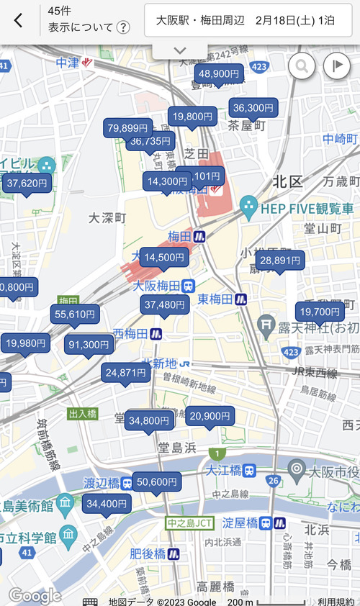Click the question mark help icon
coord(123,28)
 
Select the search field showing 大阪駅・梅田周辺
coord(248,20)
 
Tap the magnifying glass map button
coord(302,66)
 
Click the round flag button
coord(336,66)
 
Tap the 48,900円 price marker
coord(219,73)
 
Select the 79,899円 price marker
coord(127,128)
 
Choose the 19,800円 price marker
coord(192,116)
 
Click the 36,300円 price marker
coord(253,108)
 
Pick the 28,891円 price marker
coord(280,261)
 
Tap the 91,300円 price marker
coord(89,345)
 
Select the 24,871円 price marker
coord(127,373)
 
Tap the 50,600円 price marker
coord(156,481)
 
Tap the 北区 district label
coord(287,181)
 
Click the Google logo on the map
coord(35,595)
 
